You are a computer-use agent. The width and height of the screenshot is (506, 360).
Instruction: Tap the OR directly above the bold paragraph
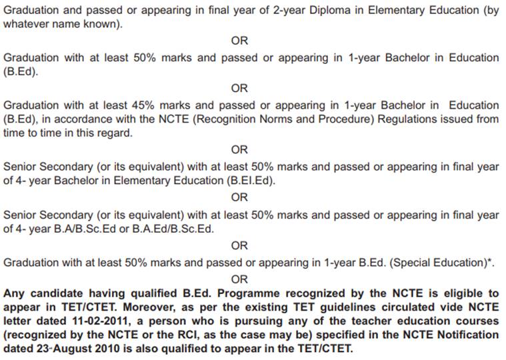coord(239,279)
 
